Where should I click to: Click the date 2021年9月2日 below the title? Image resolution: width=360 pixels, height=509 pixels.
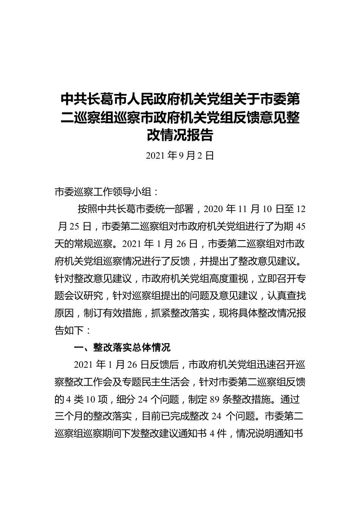(180, 155)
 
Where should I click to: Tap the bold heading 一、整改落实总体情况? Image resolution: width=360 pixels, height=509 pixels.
(122, 347)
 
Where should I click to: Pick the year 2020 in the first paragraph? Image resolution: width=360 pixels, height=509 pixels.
(214, 209)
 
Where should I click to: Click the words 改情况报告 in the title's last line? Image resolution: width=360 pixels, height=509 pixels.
(180, 135)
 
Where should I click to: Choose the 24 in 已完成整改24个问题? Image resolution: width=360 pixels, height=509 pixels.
(216, 417)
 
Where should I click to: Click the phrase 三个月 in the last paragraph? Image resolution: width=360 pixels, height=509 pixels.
(69, 417)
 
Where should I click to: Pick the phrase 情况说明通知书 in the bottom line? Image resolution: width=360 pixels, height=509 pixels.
(269, 434)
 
